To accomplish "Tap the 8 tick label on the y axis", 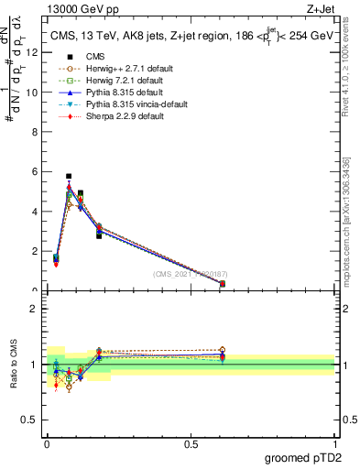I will click(34, 132).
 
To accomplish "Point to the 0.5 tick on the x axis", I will click(191, 443).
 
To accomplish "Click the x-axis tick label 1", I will click(335, 443).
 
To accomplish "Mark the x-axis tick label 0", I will click(47, 443).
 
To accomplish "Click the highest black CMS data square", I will click(69, 176).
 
